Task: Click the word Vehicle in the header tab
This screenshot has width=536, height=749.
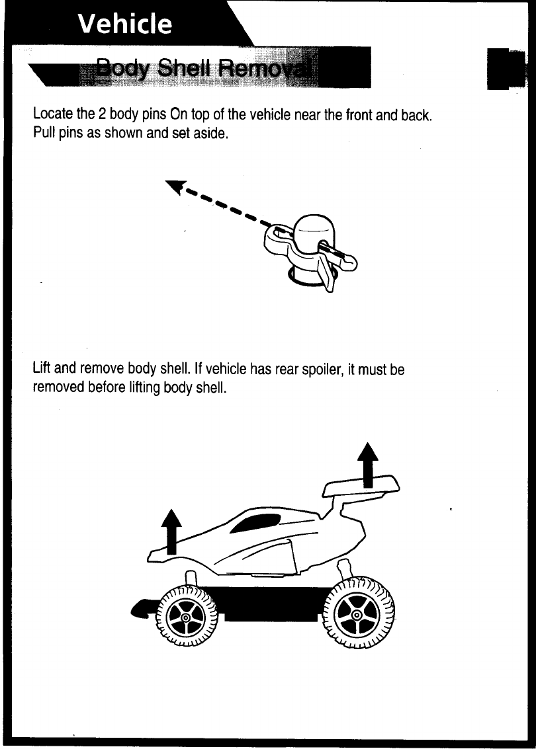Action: click(x=124, y=24)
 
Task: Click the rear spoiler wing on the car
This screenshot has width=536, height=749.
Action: click(x=361, y=488)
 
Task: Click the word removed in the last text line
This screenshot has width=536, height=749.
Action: click(x=59, y=387)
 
